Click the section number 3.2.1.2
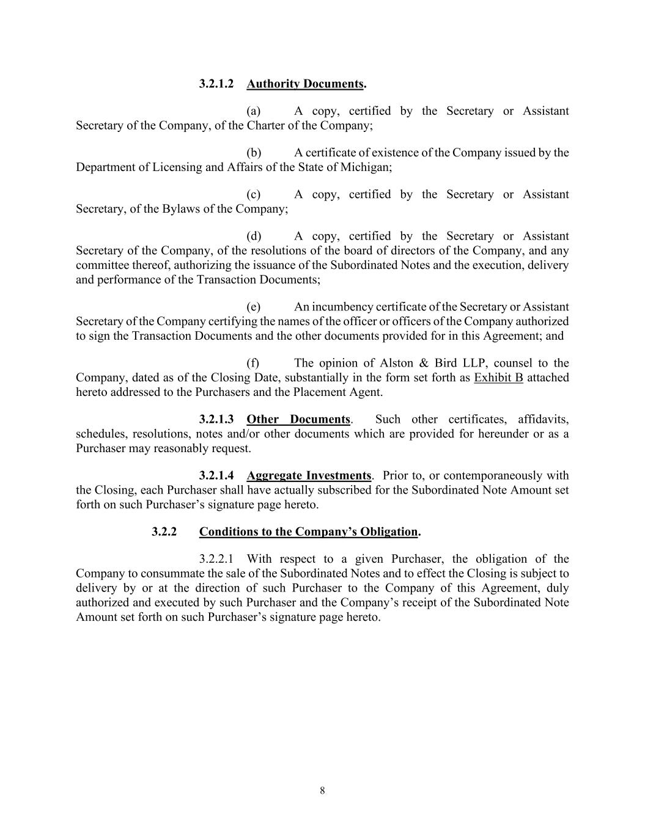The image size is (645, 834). [x=216, y=84]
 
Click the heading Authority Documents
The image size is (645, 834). [x=305, y=84]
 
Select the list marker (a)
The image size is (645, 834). [x=254, y=111]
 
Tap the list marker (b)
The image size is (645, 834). [x=254, y=153]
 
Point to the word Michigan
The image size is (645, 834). [x=369, y=167]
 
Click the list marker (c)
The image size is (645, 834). [x=254, y=194]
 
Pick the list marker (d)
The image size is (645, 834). [x=254, y=236]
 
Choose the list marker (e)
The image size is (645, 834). [x=254, y=307]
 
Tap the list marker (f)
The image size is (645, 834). [x=253, y=363]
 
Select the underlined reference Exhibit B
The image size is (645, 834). [x=498, y=378]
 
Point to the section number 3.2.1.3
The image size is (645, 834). [x=216, y=420]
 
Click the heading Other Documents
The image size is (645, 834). [x=298, y=420]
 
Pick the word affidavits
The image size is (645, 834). [x=543, y=420]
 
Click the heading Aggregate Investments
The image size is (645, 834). [x=309, y=476]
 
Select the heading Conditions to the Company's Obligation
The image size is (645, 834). [x=308, y=532]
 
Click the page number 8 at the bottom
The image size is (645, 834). [x=322, y=791]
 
